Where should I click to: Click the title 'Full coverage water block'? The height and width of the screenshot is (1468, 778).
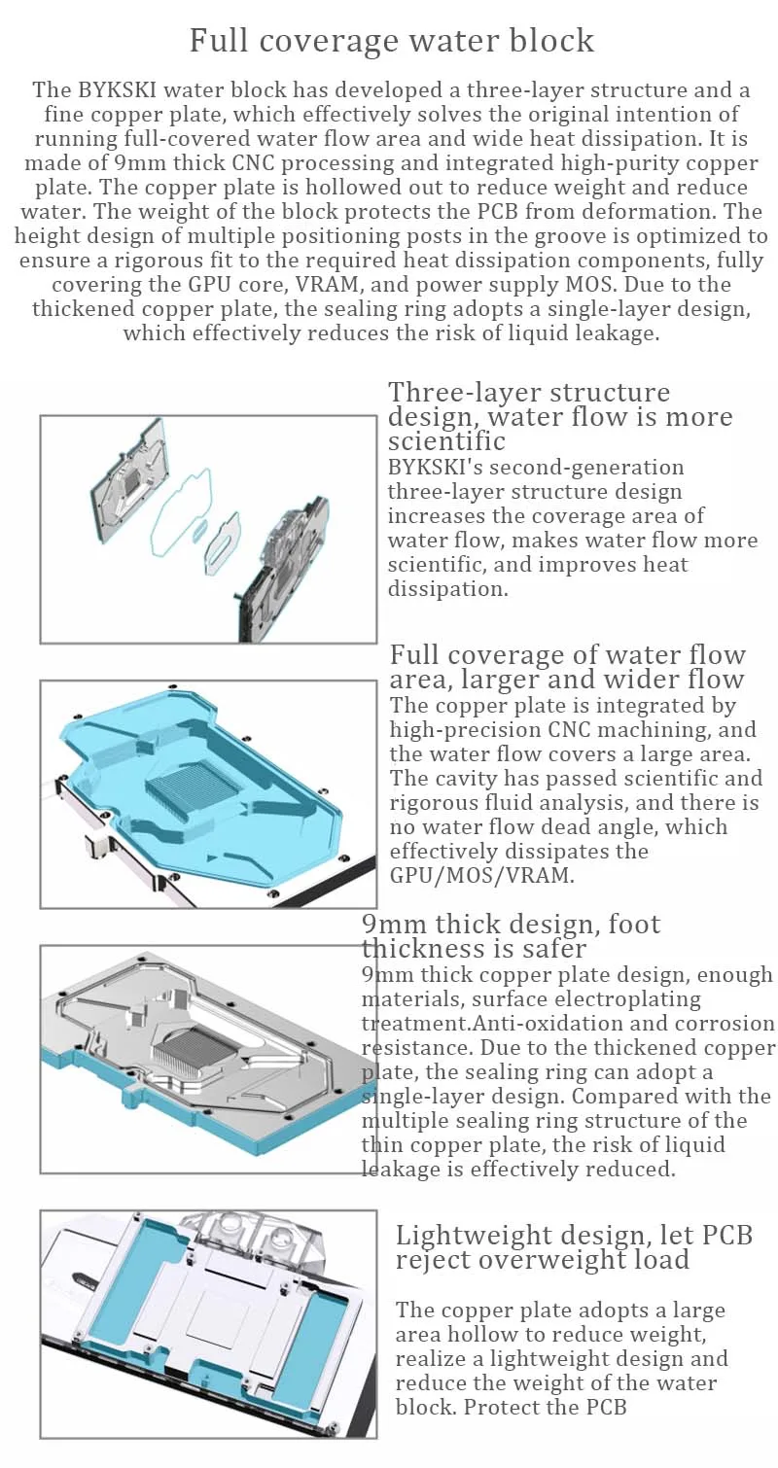(391, 41)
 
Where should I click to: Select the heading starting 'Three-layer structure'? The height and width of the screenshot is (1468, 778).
(529, 393)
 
